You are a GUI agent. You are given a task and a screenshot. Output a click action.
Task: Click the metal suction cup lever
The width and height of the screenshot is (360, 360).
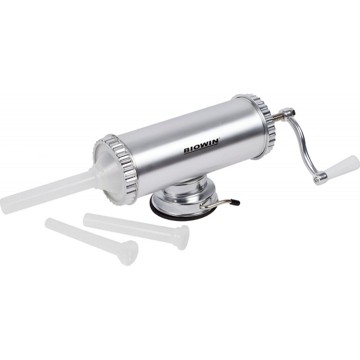(219, 204)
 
